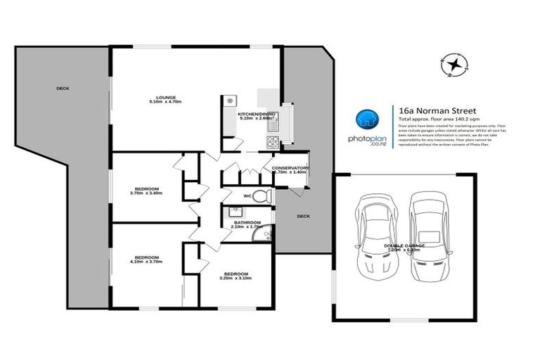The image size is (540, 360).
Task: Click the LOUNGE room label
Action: [166, 98]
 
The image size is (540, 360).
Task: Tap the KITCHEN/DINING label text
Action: [257, 113]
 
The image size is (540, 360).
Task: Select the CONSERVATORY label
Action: [290, 168]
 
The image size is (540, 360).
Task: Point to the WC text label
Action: [247, 196]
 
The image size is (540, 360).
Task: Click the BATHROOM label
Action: [247, 223]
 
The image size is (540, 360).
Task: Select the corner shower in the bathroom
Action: [266, 236]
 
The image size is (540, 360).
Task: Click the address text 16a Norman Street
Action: [427, 110]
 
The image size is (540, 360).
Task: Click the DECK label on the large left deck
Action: [63, 89]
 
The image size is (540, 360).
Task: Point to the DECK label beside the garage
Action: [303, 217]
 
